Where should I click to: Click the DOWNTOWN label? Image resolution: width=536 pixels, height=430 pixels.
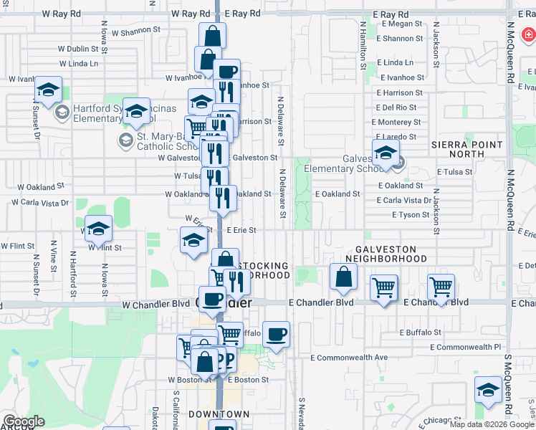tap(219, 414)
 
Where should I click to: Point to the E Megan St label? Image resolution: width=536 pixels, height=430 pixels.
tap(400, 24)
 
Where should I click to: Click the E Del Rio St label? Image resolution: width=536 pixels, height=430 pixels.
tap(396, 107)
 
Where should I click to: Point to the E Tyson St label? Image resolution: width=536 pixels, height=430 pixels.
tap(411, 215)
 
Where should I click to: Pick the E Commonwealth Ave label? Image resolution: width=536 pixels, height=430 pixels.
tap(349, 357)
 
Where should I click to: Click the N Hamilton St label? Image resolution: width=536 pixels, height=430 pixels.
tap(363, 46)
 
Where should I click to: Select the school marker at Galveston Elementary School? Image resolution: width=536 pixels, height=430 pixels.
tap(386, 153)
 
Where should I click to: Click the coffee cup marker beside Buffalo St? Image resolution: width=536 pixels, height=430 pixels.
tap(276, 334)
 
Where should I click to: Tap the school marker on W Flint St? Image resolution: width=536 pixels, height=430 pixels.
tap(98, 229)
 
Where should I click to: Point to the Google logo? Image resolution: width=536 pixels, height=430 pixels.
tap(23, 422)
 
